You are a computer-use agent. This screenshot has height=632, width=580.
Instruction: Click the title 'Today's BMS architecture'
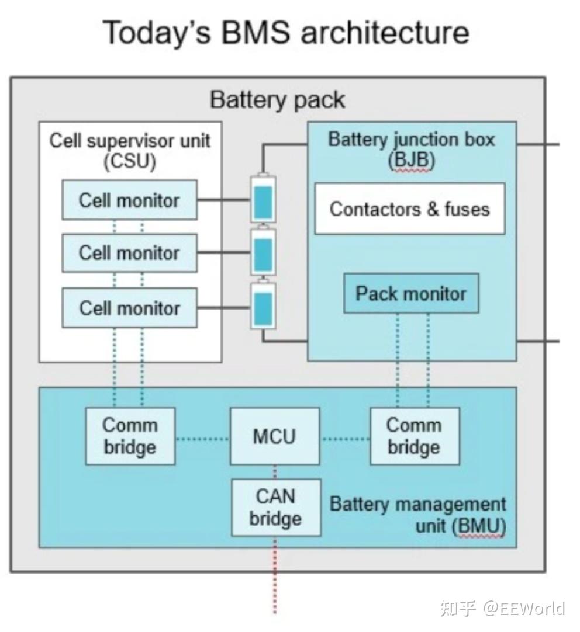pyautogui.click(x=286, y=32)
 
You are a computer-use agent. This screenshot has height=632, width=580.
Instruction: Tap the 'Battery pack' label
pyautogui.click(x=277, y=100)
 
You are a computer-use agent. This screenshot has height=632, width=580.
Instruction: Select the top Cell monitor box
pyautogui.click(x=129, y=200)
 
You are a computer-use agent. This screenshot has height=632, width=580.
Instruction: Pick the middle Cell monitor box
pyautogui.click(x=129, y=253)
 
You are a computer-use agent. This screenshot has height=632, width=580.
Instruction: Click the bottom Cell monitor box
pyautogui.click(x=129, y=308)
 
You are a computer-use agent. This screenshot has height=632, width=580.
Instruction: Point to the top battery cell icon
pyautogui.click(x=263, y=199)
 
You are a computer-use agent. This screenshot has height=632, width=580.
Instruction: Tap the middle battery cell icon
pyautogui.click(x=263, y=252)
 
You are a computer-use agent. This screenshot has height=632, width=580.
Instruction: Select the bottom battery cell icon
pyautogui.click(x=263, y=306)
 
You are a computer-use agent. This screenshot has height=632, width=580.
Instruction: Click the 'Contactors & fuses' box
pyautogui.click(x=409, y=209)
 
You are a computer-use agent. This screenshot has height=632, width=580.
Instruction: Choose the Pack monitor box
pyautogui.click(x=410, y=293)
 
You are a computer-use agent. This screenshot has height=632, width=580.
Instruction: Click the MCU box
pyautogui.click(x=274, y=436)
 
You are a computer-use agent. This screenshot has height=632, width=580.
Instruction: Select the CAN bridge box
pyautogui.click(x=275, y=508)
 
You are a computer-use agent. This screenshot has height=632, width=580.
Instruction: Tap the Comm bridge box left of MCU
pyautogui.click(x=130, y=436)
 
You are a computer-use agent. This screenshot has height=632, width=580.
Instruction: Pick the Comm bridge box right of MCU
pyautogui.click(x=414, y=436)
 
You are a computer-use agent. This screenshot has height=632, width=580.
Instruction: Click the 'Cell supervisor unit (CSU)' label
pyautogui.click(x=130, y=151)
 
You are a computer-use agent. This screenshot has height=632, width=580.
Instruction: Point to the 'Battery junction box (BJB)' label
pyautogui.click(x=411, y=150)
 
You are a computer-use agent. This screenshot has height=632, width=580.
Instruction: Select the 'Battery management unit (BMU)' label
pyautogui.click(x=417, y=515)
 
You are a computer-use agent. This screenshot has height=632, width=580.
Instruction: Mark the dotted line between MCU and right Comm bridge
pyautogui.click(x=345, y=438)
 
